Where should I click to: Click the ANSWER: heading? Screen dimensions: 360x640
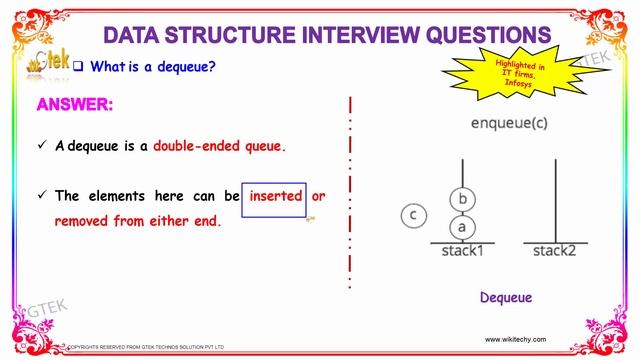[x=75, y=105]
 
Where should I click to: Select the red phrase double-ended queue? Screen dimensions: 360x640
[x=219, y=146]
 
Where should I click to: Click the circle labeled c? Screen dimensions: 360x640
[x=413, y=214]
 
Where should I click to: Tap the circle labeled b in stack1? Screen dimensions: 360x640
[x=462, y=199]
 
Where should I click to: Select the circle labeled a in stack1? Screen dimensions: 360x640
[x=462, y=227]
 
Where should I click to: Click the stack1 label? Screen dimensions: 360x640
[x=462, y=251]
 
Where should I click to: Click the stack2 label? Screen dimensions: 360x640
[x=554, y=251]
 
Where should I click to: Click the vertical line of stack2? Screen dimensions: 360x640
[x=554, y=200]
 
